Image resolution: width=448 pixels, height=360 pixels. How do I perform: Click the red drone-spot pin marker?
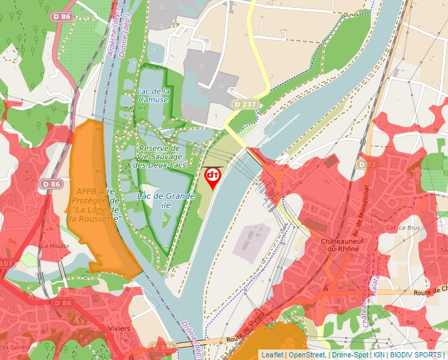pyautogui.click(x=213, y=177)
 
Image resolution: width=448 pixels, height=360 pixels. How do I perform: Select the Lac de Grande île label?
pyautogui.click(x=157, y=200)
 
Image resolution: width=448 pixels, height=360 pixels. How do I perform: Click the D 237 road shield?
pyautogui.click(x=244, y=105)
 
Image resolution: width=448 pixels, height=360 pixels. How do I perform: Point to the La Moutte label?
pyautogui.click(x=55, y=245)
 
